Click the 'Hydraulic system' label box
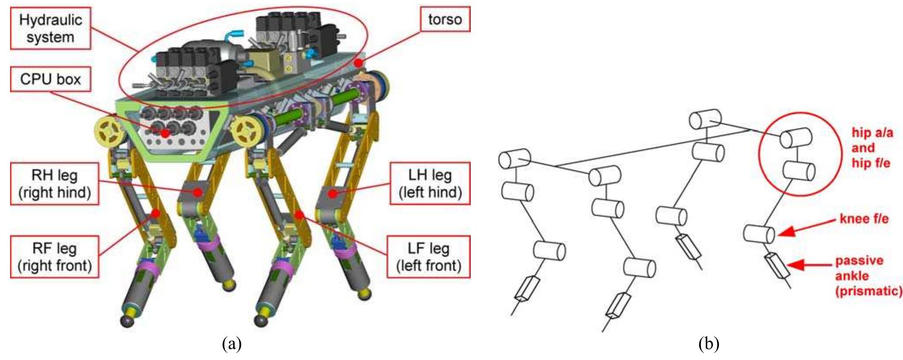pos(50,28)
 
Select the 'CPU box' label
pos(50,79)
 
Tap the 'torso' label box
pos(445,19)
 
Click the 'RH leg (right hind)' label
pos(54,184)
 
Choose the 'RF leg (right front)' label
pos(54,257)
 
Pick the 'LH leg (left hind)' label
pos(430,183)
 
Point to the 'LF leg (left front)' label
pos(428,257)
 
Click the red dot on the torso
pos(359,63)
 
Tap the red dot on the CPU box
pos(165,133)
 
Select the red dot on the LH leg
pos(333,193)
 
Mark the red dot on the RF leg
pos(155,214)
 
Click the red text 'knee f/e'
pos(864,218)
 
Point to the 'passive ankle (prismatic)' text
pos(868,276)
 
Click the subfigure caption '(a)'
pos(232,343)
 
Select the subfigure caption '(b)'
pos(708,343)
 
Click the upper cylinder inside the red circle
pos(796,138)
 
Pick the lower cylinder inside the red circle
pos(799,171)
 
